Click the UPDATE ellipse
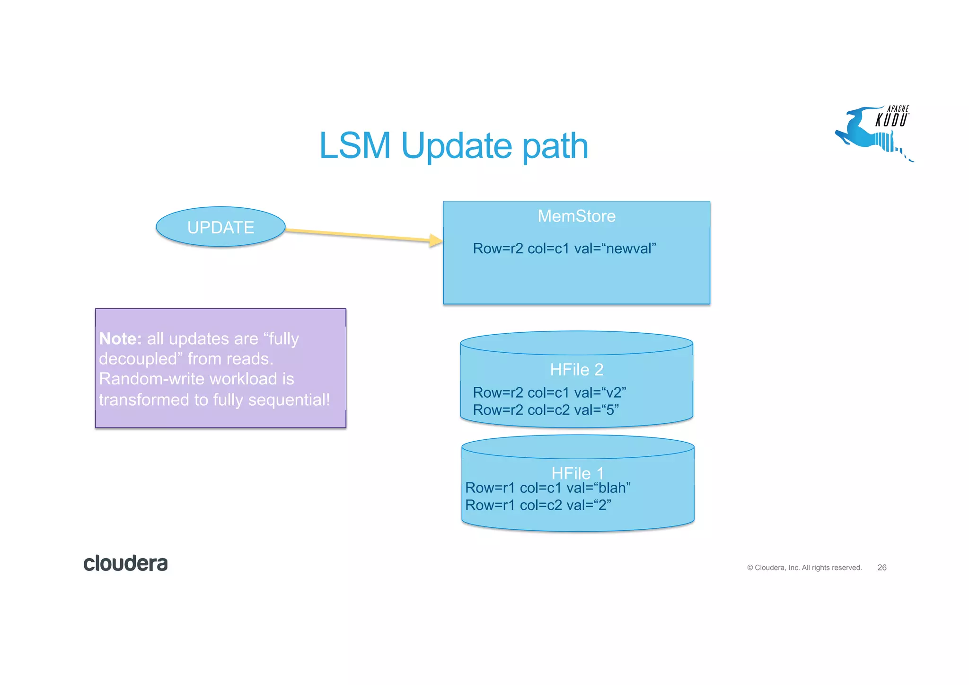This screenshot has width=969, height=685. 220,227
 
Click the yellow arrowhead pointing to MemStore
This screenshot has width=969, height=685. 435,240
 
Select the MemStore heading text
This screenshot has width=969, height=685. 576,216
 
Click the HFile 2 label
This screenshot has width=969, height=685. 576,370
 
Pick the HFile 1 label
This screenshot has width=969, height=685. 577,473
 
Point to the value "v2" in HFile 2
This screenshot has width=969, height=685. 614,392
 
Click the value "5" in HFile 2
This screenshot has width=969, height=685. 610,410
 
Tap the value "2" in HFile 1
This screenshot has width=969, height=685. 602,506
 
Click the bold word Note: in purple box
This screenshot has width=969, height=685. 120,339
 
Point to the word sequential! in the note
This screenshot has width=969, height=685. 289,400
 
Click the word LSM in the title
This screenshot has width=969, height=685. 355,146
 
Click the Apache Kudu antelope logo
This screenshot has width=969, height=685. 873,133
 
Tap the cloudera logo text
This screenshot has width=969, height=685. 125,563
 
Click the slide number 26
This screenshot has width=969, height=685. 881,568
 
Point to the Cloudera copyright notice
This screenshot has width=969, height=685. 804,568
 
